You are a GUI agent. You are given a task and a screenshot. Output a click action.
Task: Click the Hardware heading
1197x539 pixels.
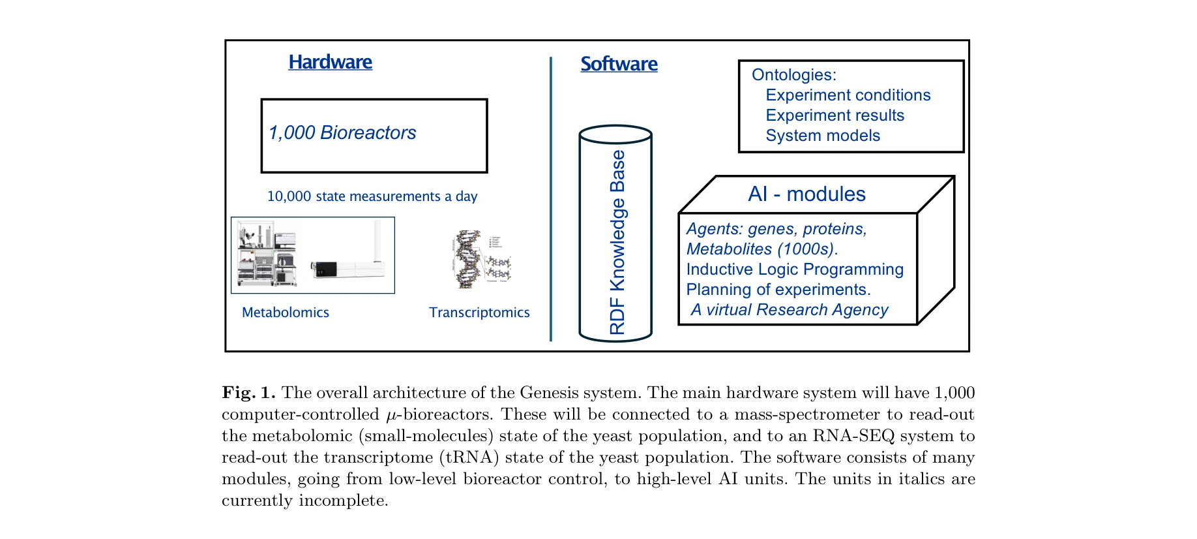(330, 62)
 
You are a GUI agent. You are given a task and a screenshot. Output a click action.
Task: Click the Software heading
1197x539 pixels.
(619, 64)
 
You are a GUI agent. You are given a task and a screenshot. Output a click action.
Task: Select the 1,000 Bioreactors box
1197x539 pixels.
(374, 136)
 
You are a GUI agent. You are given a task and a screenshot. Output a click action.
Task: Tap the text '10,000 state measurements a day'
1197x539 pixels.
(372, 196)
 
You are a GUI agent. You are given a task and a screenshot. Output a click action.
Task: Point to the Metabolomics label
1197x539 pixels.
(286, 313)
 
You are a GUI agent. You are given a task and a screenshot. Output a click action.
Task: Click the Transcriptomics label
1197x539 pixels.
(479, 313)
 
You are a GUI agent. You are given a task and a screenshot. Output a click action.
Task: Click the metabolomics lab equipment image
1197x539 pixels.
(313, 255)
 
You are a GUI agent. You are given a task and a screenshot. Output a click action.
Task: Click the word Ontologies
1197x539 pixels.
(793, 75)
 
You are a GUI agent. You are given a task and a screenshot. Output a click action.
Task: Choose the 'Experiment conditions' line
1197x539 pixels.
(848, 95)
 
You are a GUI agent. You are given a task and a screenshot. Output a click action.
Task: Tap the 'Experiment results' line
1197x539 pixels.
(835, 115)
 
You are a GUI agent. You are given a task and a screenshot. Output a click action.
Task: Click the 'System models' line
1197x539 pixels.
(823, 136)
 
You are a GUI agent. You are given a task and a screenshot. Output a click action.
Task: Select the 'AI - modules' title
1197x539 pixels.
(806, 194)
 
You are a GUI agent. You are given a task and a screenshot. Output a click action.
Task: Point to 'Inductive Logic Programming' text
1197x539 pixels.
(795, 269)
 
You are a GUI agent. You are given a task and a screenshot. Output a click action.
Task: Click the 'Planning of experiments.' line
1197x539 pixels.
(778, 290)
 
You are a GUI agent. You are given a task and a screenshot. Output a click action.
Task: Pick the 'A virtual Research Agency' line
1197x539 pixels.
(790, 310)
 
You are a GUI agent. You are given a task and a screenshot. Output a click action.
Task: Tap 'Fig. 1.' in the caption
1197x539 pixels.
(248, 393)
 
